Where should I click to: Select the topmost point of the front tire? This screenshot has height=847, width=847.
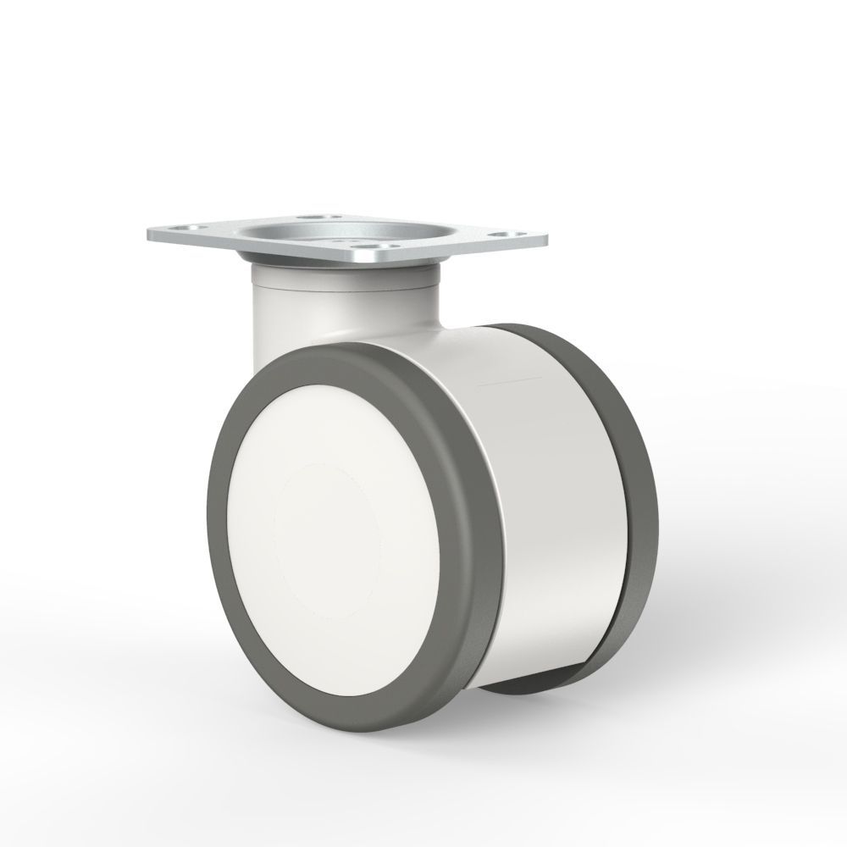click(x=339, y=349)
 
